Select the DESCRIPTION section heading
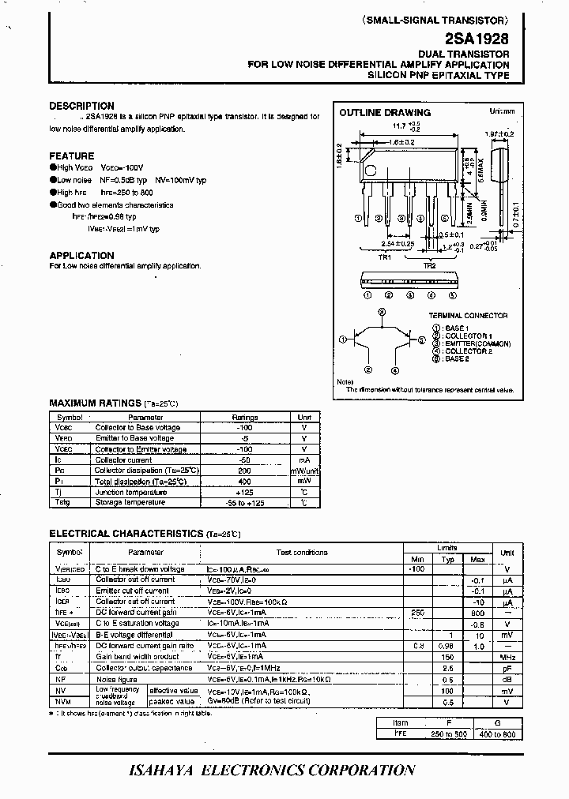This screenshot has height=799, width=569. coord(81,106)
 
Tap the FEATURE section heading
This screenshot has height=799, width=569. coord(71,156)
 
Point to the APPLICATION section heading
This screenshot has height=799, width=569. coord(81,256)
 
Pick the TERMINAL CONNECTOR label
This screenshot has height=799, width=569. coord(469,316)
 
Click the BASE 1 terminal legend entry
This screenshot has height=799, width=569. coord(457,328)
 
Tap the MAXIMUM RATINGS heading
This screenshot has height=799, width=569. coord(95,403)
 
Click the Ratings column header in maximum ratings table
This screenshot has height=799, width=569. coord(244,417)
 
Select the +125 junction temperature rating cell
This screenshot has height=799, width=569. coord(244,492)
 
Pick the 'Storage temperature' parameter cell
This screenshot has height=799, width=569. coord(130,503)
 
